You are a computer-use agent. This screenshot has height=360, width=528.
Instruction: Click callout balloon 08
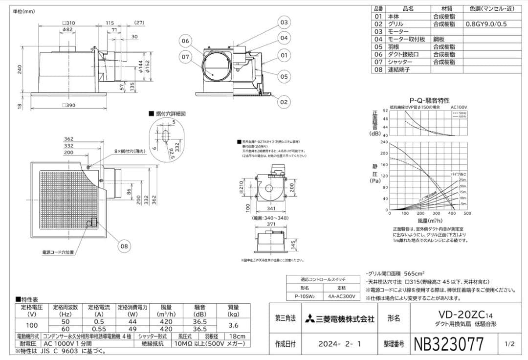(x=124, y=246)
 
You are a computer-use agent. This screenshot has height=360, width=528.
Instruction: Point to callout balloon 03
(x=284, y=22)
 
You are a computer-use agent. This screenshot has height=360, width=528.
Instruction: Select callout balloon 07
(x=185, y=57)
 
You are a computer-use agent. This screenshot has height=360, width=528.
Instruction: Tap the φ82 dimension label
(x=68, y=30)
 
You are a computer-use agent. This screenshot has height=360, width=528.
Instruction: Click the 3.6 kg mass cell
(x=234, y=325)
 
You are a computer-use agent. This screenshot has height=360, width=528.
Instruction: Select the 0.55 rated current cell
(x=99, y=329)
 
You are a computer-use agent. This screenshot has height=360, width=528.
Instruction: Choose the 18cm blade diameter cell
(x=238, y=337)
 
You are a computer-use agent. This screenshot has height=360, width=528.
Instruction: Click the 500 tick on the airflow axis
(x=467, y=214)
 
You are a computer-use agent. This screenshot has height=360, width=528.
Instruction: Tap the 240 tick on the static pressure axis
(x=384, y=142)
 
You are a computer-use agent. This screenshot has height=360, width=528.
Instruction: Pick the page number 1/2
(x=509, y=344)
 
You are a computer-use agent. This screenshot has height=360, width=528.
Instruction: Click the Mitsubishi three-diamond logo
(x=309, y=318)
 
